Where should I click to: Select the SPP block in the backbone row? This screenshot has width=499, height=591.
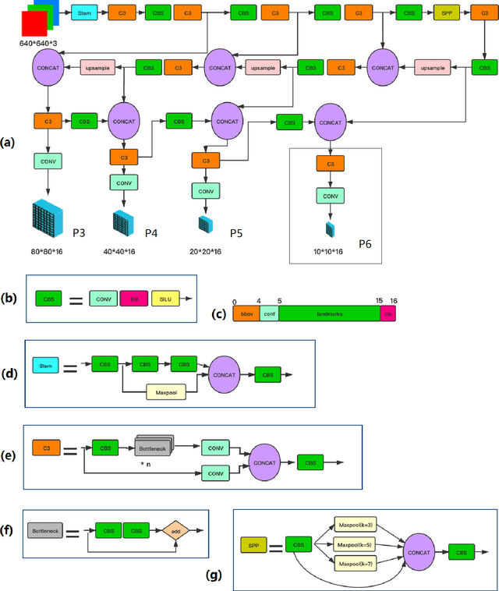click(x=445, y=14)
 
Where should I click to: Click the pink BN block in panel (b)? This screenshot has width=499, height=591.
click(x=133, y=298)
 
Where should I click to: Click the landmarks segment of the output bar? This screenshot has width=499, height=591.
click(x=328, y=313)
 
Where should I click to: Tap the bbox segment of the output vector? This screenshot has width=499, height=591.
click(x=246, y=313)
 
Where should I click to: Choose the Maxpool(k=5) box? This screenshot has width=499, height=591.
click(x=356, y=543)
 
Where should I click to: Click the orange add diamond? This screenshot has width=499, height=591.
click(x=175, y=531)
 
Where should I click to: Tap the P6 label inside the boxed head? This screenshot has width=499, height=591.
click(x=365, y=244)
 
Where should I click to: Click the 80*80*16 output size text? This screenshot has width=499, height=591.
click(x=47, y=252)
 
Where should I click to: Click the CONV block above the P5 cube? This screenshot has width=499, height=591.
click(x=206, y=190)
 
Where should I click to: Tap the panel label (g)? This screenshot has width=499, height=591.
click(x=215, y=575)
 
